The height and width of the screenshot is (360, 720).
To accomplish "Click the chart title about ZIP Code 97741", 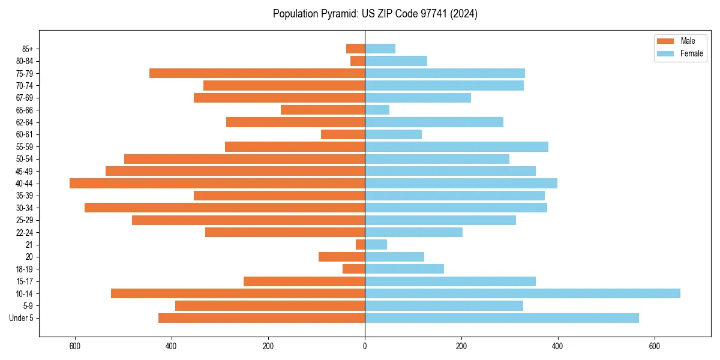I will click(x=375, y=14).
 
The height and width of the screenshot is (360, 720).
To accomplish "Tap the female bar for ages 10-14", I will click(x=522, y=293).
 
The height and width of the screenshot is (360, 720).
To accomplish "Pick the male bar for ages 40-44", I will click(x=217, y=184).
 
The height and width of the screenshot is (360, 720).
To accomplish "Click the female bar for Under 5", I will click(x=502, y=318).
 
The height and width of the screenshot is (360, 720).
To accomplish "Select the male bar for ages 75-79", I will click(x=257, y=73).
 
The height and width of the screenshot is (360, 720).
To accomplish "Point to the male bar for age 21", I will click(x=361, y=245).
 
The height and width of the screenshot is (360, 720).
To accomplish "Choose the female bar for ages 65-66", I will click(x=377, y=110).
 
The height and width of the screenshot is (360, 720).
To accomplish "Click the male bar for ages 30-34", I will click(x=224, y=208).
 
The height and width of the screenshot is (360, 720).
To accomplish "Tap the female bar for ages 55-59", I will click(x=456, y=146).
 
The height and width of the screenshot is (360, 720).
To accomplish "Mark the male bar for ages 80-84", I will click(x=358, y=61).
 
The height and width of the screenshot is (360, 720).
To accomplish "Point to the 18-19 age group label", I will click(x=24, y=269).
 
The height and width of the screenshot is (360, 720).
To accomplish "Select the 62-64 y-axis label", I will click(x=24, y=122).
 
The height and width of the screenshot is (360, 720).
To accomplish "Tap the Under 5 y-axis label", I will click(x=22, y=318).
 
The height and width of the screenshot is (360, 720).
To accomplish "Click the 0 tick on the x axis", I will click(x=365, y=346).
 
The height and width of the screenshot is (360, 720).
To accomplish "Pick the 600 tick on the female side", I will click(x=654, y=346).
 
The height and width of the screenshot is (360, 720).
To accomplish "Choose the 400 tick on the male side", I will click(x=172, y=346).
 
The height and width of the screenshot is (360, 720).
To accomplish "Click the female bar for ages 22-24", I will click(x=413, y=232).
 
